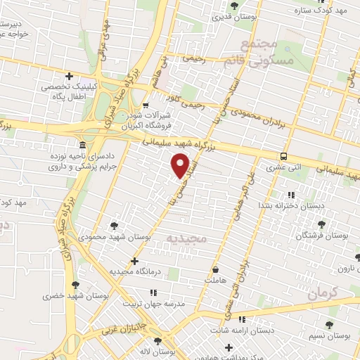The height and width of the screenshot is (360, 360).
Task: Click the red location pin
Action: click(x=181, y=165)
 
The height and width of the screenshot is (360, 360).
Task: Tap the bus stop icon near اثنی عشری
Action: click(x=283, y=156)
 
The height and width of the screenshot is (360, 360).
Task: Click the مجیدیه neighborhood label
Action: click(x=187, y=238)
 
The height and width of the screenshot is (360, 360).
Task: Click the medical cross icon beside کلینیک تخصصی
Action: click(x=69, y=76)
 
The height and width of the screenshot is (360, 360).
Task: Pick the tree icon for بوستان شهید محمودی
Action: click(x=114, y=226)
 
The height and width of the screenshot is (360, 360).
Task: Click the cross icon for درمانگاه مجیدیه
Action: click(x=134, y=261)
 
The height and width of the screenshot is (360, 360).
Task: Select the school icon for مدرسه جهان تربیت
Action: click(x=154, y=291)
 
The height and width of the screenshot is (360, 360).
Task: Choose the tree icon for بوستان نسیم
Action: click(x=329, y=324)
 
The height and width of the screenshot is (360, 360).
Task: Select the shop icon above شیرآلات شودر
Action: click(x=145, y=105)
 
